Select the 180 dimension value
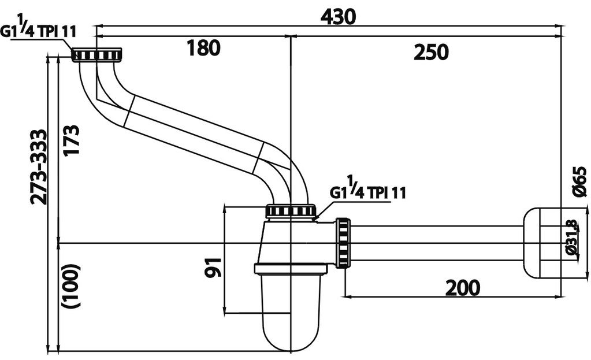click(x=203, y=49)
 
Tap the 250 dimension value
click(x=431, y=52)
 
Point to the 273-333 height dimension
click(x=39, y=167)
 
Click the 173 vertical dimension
click(x=71, y=140)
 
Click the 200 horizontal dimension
click(x=462, y=287)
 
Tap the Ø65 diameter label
click(x=581, y=181)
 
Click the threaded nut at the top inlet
click(x=96, y=55)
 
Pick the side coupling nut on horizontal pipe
click(x=343, y=243)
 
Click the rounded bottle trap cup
click(x=290, y=312)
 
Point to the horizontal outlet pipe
click(x=436, y=243)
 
